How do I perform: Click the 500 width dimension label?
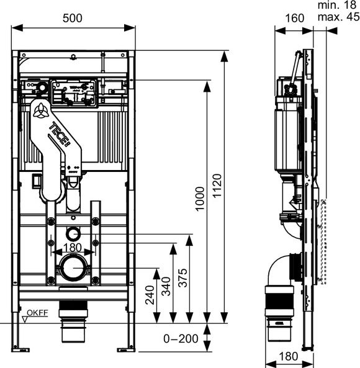73,18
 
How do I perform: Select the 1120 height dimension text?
217,186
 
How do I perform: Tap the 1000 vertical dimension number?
200,199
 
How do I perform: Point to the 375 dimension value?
183,278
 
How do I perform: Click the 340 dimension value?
166,286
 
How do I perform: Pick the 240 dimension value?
150,295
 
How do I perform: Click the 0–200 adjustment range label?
181,339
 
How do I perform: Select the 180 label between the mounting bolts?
73,248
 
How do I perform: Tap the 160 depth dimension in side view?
295,18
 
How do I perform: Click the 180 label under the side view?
289,356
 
